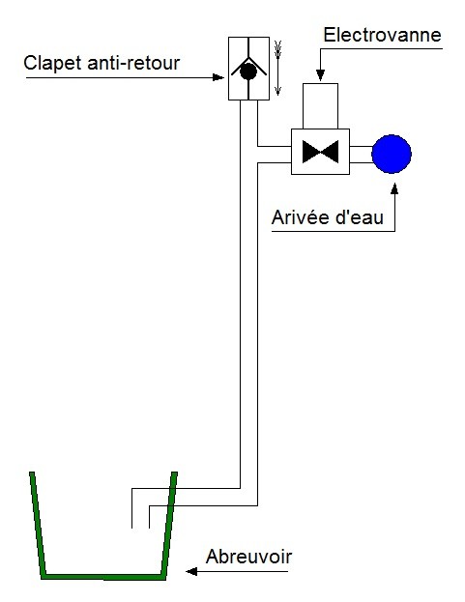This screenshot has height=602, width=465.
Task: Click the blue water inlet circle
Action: [x=392, y=154]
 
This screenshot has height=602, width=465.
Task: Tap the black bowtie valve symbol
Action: [x=320, y=152]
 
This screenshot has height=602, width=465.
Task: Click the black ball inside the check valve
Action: [x=248, y=72]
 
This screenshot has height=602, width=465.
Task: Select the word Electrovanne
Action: [x=383, y=35]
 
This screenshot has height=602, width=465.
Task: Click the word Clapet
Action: [x=53, y=64]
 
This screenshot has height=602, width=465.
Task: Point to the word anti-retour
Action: [x=133, y=63]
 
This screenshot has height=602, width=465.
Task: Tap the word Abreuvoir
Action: [x=248, y=557]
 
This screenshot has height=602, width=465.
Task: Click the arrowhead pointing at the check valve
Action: [x=218, y=77]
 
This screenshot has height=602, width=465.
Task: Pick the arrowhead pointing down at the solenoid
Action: [x=320, y=75]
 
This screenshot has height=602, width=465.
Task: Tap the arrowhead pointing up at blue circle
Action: [x=394, y=188]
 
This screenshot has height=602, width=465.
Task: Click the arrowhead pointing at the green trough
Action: [x=191, y=572]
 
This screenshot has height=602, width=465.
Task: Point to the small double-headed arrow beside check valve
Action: [x=278, y=68]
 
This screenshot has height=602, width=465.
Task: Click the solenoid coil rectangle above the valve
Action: [x=320, y=106]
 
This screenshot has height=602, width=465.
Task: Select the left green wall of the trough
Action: [x=38, y=524]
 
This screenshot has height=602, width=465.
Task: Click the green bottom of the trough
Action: [x=103, y=577]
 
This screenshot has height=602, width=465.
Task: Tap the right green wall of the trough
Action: [x=169, y=524]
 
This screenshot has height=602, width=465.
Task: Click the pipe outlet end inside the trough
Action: [x=140, y=528]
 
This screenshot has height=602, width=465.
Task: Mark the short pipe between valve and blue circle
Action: [x=361, y=155]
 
